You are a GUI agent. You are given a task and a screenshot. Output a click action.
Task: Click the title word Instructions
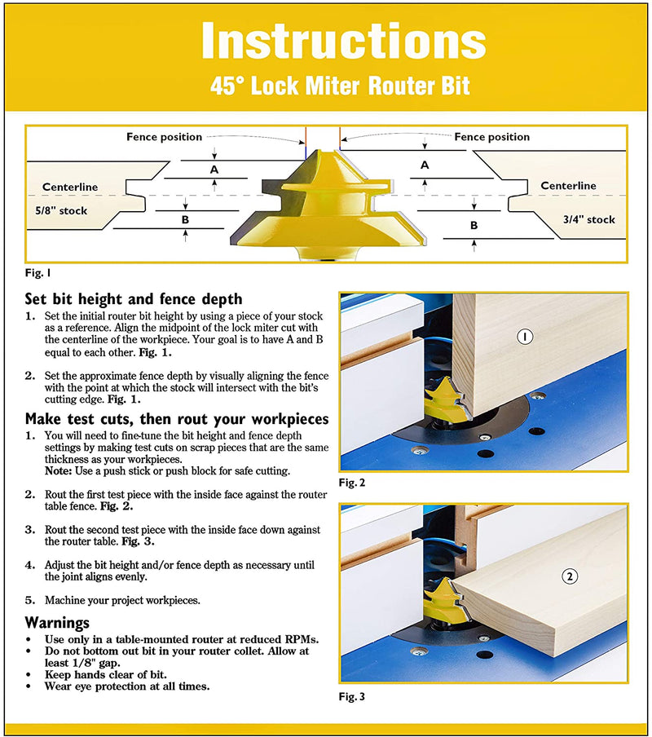343,40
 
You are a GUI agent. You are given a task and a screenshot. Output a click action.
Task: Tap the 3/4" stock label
588,219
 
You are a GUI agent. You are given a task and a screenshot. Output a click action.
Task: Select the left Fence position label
164,137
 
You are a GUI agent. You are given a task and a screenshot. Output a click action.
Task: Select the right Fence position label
491,137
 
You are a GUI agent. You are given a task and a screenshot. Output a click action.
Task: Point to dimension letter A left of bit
214,170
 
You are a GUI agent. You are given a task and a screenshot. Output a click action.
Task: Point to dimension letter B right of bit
474,225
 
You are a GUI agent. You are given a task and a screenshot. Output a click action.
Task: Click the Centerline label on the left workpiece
70,187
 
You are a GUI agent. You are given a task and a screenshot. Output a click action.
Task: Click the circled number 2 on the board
570,576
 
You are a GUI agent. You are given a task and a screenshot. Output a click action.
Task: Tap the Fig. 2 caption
353,483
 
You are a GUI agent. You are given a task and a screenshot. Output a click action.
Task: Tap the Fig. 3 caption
353,697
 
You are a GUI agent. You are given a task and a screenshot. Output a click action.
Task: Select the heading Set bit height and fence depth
134,299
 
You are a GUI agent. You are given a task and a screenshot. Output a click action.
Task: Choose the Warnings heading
57,622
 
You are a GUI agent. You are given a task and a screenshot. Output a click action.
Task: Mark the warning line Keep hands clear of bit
106,675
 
